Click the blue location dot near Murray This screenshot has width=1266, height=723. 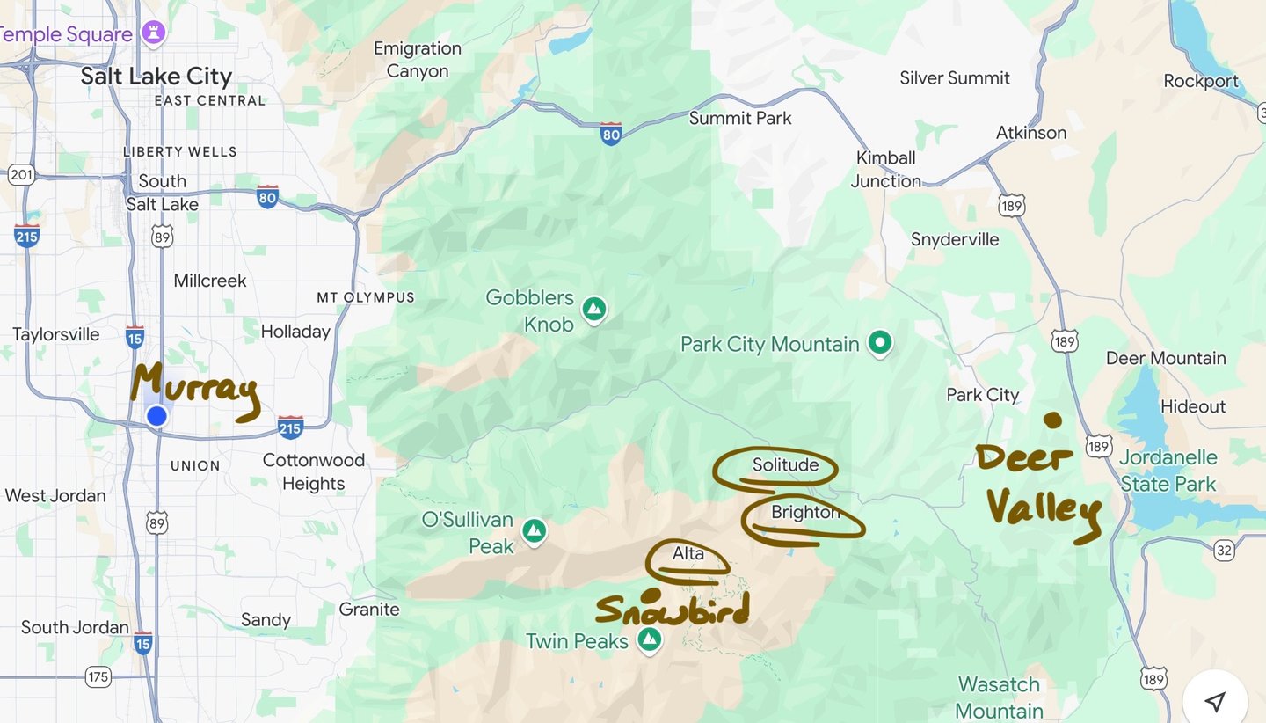156,415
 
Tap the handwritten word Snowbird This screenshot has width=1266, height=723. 673,610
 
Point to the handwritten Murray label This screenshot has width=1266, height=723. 195,391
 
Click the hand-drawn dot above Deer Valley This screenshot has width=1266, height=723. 1052,420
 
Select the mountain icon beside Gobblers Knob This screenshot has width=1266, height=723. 595,310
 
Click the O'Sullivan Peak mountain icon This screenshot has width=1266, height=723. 534,531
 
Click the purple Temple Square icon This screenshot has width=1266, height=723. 155,33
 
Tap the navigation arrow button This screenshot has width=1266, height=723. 1215,701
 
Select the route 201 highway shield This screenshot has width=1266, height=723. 21,175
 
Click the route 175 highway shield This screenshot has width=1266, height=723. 98,676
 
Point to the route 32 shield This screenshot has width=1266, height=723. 1224,551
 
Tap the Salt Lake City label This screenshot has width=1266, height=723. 156,77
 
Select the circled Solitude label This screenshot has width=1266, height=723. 785,464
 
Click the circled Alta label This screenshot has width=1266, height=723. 688,553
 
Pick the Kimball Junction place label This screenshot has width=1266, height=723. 886,169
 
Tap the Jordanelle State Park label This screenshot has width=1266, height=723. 1168,471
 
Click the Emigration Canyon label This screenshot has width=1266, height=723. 418,60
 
